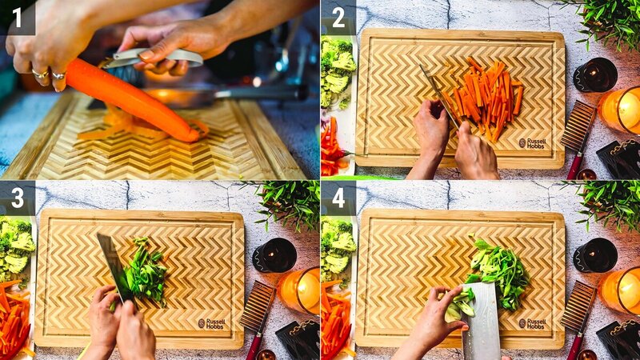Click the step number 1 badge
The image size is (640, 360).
point(17,17)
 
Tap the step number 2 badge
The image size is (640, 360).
point(338,17)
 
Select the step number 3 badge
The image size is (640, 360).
point(17,197)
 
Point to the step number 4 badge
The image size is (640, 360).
point(338,197)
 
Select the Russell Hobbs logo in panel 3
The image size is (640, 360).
point(212,323)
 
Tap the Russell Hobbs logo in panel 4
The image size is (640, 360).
point(532,323)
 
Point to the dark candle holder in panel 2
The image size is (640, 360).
point(595,74)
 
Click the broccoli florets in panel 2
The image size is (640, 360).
point(337,72)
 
